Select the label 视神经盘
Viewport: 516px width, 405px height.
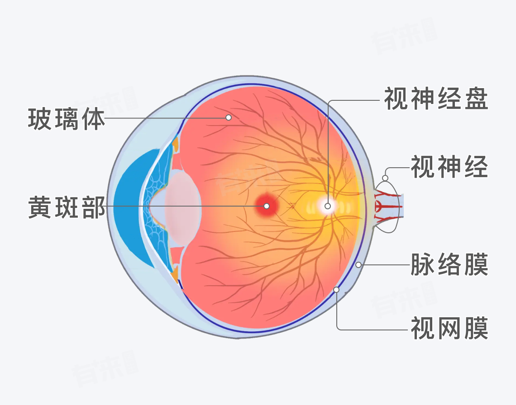point(436,99)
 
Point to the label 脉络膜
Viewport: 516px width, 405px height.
point(449,265)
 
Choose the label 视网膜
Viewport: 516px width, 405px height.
point(449,329)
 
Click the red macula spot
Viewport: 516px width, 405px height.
point(267,206)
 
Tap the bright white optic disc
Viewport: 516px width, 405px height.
point(327,206)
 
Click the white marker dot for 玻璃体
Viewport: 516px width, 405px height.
point(229,118)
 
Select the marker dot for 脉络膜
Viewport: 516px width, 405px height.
point(358,265)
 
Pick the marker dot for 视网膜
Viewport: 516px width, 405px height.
point(336,289)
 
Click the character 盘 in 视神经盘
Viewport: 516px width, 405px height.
point(475,99)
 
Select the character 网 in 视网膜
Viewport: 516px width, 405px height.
point(449,329)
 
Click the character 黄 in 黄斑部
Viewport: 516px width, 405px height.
point(41,207)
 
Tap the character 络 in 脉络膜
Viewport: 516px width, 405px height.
point(449,265)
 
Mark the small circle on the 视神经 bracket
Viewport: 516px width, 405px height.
point(386,178)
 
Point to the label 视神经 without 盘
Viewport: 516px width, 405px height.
point(449,166)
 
